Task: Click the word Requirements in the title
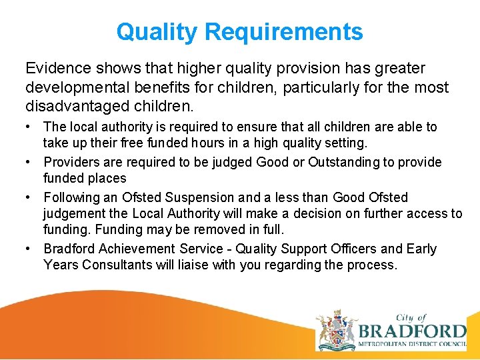[284, 31]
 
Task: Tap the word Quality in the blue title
[157, 31]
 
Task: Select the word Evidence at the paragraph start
[55, 69]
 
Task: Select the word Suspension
[201, 197]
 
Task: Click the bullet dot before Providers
[31, 162]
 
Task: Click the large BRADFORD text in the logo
[412, 331]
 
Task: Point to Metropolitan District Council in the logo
[412, 344]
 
